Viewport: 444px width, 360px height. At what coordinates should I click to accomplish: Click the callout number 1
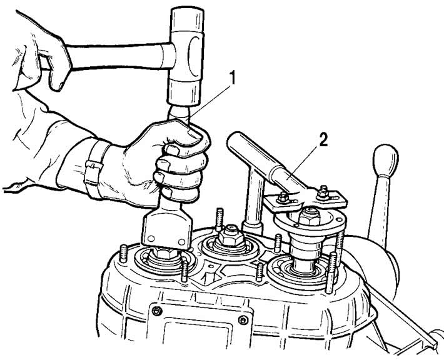232,78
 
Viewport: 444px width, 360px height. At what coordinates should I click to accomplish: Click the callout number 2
323,140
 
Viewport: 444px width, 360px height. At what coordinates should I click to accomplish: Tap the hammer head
186,56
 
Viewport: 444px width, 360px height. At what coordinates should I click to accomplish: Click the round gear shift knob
385,160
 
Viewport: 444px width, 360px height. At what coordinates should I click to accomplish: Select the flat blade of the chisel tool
167,230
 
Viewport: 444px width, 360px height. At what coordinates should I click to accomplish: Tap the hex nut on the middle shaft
231,236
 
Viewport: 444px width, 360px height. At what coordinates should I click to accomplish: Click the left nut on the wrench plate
283,197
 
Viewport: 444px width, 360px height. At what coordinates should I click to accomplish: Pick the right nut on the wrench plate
323,193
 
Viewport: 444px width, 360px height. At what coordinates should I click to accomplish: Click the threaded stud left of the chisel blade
123,254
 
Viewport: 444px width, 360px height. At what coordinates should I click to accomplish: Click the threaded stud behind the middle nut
219,219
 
